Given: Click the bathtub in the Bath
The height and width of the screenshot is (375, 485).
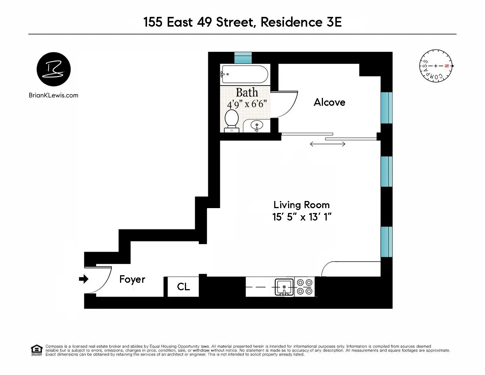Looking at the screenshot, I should pos(245,74).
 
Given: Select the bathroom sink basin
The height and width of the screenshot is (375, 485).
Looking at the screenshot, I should pos(257,125).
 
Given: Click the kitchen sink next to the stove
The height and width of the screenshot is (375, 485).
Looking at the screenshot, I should pos(284,287).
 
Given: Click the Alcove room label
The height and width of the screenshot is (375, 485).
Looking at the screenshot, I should pos(329,102).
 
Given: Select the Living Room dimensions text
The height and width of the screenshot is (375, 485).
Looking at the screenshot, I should pos(302,217).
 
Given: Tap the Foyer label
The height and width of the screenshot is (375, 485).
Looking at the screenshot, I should pos(132,279).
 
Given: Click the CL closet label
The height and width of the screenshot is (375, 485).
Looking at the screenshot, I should pos(183,287).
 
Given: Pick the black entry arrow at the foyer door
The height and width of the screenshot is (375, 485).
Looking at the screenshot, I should pos(83,279).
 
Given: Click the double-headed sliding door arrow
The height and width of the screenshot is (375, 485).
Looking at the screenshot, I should pos(327,144).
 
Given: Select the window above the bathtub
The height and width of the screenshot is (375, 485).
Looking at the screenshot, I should pos(243,58).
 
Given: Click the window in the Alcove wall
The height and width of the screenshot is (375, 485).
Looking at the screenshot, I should pos(386,108).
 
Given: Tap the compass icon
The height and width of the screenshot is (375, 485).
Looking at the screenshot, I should pos(436,66).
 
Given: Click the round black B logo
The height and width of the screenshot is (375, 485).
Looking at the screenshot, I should pos(54,69).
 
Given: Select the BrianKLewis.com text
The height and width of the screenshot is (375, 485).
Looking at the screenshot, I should pos(54,95).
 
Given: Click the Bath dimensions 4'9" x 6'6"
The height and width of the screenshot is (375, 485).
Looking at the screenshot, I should pos(246,104).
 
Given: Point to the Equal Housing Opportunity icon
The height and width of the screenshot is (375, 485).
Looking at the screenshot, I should pos(36,350).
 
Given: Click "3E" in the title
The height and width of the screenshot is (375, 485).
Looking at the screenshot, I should pos(332,22).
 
